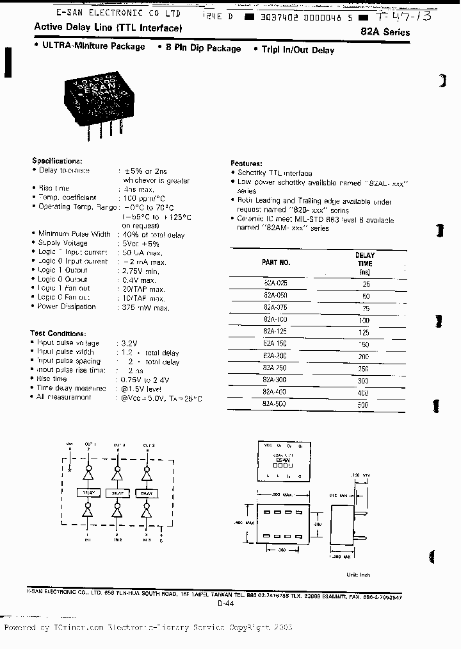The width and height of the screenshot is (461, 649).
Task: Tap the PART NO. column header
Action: (276, 262)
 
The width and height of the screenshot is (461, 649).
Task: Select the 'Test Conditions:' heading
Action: (58, 333)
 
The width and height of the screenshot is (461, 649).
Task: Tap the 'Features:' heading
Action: (245, 164)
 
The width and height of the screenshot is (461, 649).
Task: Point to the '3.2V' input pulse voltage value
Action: (130, 343)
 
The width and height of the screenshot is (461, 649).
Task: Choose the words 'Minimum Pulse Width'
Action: (74, 234)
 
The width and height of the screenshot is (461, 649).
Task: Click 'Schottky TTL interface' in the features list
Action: (275, 173)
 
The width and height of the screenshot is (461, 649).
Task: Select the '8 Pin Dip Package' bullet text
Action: (204, 49)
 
